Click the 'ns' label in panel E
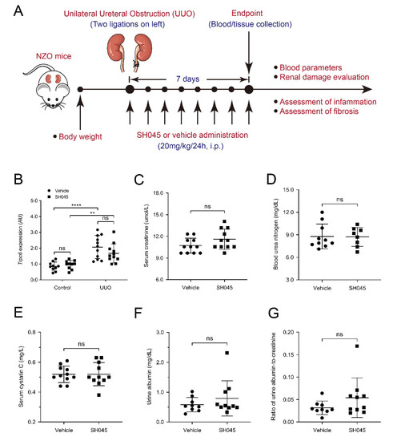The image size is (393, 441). pyautogui.click(x=84, y=346)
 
